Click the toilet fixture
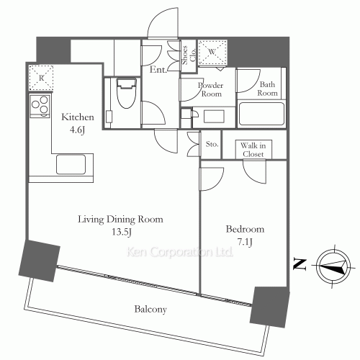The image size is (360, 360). pos(126,93)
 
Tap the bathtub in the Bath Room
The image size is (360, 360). pos(261,114)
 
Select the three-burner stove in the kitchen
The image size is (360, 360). pos(40,105)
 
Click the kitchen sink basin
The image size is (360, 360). pos(71,164)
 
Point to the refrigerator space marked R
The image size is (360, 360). pos(41,78)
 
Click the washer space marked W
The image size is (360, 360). pos(212,52)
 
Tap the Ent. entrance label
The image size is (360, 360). pos(158,70)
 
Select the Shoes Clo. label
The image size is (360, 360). pos(189,55)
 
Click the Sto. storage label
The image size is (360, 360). pos(212,144)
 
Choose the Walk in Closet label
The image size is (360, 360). pos(253,150)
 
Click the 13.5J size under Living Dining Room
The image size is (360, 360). pos(122,232)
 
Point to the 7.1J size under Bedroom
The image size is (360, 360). pos(245,242)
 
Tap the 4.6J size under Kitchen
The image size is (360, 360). pos(77,130)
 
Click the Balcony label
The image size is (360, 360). pos(150,309)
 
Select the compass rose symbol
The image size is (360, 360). pos(333,266)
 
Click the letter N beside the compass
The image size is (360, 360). pos(300,265)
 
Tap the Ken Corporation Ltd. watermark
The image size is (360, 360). pos(180,252)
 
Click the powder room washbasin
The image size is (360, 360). pos(214,117)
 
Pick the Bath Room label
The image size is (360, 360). pos(267,89)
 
